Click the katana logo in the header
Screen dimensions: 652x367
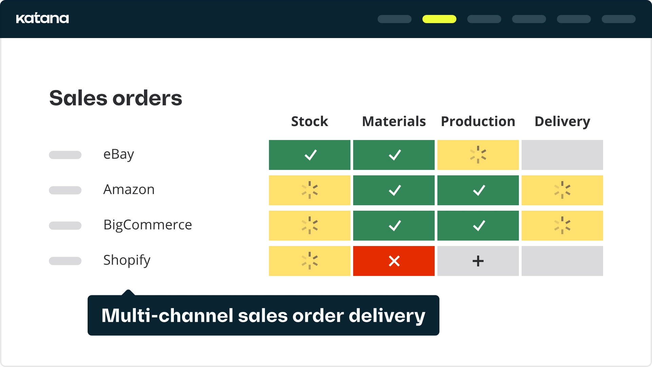42,18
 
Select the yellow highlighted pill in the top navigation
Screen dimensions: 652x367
439,19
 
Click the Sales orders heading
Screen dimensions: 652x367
116,98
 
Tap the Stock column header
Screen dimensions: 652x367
310,121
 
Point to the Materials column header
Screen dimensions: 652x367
394,121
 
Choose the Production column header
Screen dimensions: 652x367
478,121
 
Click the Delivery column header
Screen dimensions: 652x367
562,122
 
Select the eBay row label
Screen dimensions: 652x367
119,155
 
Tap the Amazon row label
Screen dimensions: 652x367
129,189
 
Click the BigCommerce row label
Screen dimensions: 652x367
148,225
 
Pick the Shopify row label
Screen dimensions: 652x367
127,260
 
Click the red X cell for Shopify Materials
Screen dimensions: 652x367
394,261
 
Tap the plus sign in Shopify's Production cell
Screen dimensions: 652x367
478,261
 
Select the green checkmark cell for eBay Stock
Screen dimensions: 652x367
310,155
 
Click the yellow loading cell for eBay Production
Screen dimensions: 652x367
478,155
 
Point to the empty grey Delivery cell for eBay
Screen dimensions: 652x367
562,155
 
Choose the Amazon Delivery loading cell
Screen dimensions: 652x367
562,190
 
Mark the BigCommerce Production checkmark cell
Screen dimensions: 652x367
478,226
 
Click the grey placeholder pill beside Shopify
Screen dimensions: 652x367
65,261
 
